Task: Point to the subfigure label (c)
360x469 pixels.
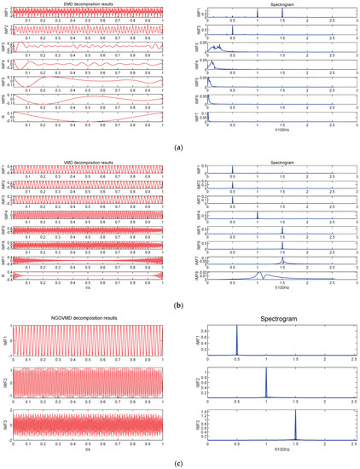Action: point(180,461)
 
